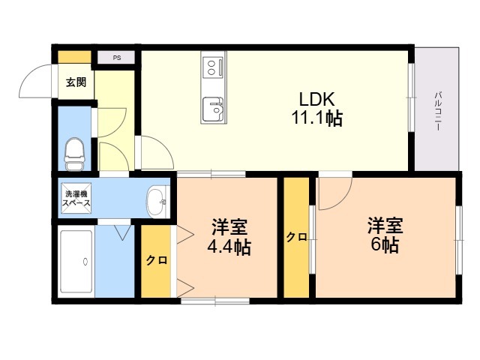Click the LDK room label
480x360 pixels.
click(x=316, y=99)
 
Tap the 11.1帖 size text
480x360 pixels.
click(x=316, y=118)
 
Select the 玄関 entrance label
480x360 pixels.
click(x=76, y=82)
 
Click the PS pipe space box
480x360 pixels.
click(x=116, y=58)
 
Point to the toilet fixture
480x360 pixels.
click(x=74, y=154)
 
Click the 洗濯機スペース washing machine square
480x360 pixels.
click(x=76, y=198)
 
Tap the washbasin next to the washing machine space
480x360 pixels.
click(x=157, y=202)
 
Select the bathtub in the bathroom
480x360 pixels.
click(x=76, y=262)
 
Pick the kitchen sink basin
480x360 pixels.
click(x=213, y=109)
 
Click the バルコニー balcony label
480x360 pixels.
click(x=438, y=111)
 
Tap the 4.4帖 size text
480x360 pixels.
click(x=229, y=247)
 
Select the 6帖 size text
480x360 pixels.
click(x=385, y=244)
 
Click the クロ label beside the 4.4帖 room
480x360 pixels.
click(x=157, y=260)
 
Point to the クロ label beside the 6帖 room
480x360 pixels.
click(x=296, y=237)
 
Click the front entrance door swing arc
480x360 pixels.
click(x=27, y=73)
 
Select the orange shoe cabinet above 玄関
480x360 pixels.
click(x=75, y=57)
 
